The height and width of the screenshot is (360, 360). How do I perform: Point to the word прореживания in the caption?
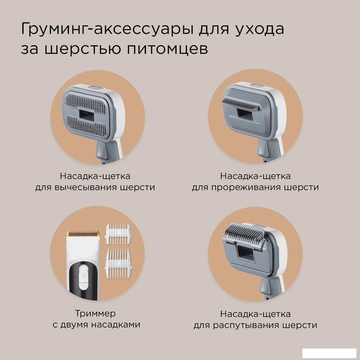tap(246, 187)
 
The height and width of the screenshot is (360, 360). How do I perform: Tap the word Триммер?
tap(95, 314)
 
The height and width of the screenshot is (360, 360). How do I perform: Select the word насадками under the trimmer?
tap(116, 325)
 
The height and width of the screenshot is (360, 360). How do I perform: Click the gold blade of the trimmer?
tap(83, 234)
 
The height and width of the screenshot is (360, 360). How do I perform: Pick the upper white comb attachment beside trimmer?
tap(118, 234)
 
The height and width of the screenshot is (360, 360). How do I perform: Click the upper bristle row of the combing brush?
tap(85, 104)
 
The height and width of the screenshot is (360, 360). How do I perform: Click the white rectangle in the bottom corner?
tap(329, 353)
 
